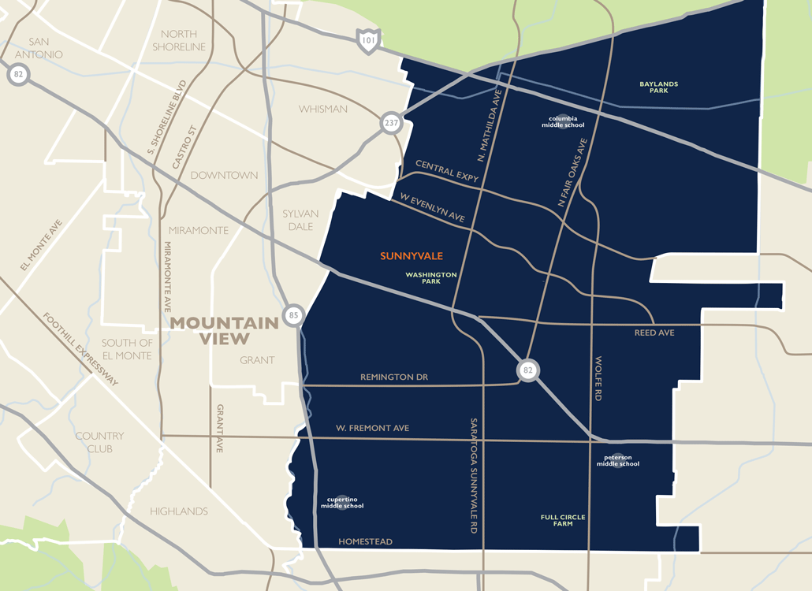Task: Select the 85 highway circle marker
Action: coord(293,314)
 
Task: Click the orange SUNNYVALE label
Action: coord(412,256)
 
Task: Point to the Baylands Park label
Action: coord(659,87)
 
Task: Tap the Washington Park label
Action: coord(430,277)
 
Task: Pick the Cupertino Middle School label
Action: coord(341,502)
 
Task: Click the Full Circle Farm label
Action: coord(563,520)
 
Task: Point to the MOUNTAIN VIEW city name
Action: coord(225,331)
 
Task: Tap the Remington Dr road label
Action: coord(393,377)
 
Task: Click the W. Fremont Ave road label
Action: coord(373,428)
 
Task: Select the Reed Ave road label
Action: coord(654,333)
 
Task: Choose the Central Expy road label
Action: coord(447,172)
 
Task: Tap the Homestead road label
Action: coord(365,541)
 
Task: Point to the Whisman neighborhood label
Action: coord(322,109)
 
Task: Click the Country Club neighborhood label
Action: coord(99,442)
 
